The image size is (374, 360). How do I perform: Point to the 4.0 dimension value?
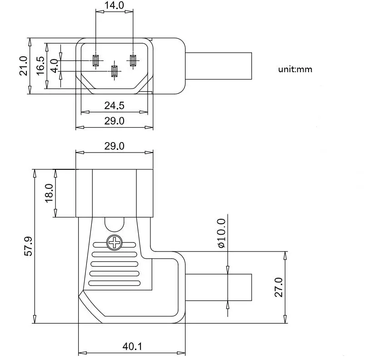click(54, 66)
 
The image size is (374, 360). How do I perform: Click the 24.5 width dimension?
click(114, 106)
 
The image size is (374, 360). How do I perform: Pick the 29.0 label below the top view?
click(114, 121)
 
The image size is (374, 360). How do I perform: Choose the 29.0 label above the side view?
click(114, 146)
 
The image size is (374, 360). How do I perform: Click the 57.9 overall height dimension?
click(28, 246)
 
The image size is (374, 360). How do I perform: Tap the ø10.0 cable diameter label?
click(221, 233)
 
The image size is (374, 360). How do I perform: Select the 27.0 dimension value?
click(279, 287)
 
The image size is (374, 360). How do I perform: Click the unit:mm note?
click(295, 69)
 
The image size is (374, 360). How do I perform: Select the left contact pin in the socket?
click(95, 60)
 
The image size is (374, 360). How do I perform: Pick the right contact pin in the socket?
click(133, 60)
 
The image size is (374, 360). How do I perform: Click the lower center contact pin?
click(114, 71)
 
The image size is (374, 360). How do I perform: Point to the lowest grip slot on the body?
click(114, 283)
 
